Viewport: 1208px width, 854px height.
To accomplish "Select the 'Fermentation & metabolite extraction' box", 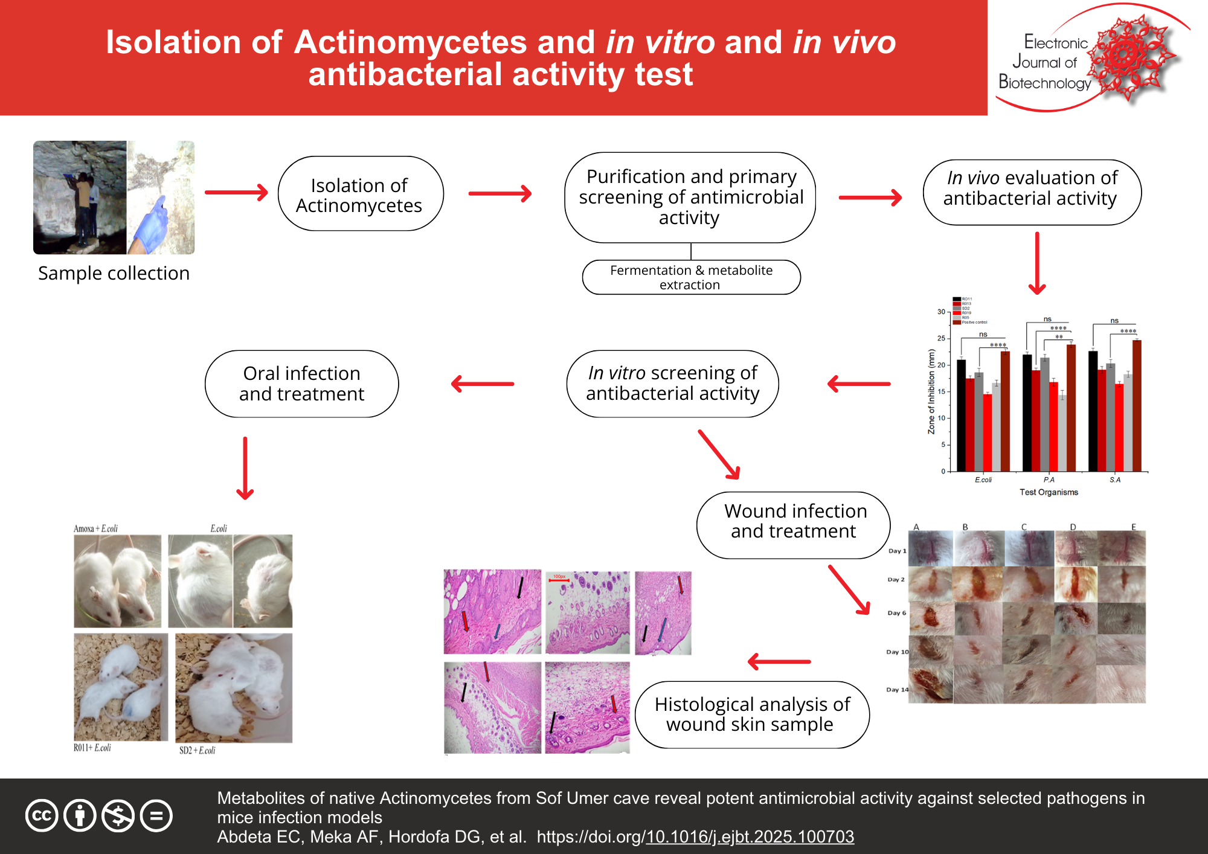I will (x=691, y=277).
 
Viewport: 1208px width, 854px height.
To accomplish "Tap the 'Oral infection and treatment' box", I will (x=301, y=384).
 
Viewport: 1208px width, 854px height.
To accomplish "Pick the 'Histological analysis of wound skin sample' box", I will (x=751, y=714).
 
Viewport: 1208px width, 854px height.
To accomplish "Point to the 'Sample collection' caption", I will (x=114, y=273).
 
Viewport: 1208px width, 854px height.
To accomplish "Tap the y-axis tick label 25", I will (x=941, y=338).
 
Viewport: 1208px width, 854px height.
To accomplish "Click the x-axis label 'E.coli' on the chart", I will (x=983, y=480).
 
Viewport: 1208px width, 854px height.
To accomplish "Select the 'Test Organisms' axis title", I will (x=1049, y=492).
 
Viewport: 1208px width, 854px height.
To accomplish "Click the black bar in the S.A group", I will (x=1093, y=411).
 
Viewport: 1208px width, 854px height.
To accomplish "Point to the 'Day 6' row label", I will (x=896, y=613).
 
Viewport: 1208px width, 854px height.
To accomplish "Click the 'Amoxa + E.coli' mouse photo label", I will (x=95, y=528).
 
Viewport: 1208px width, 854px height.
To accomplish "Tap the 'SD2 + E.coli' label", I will (x=197, y=751).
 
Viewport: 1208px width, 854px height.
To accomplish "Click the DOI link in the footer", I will (x=750, y=836).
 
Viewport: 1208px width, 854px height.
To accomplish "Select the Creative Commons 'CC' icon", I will (x=42, y=816).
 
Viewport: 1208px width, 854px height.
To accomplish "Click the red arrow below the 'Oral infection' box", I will (x=245, y=469).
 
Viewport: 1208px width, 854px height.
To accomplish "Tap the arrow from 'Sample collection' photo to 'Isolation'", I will (x=236, y=193).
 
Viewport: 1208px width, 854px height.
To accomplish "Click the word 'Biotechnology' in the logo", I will (x=1044, y=82).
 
